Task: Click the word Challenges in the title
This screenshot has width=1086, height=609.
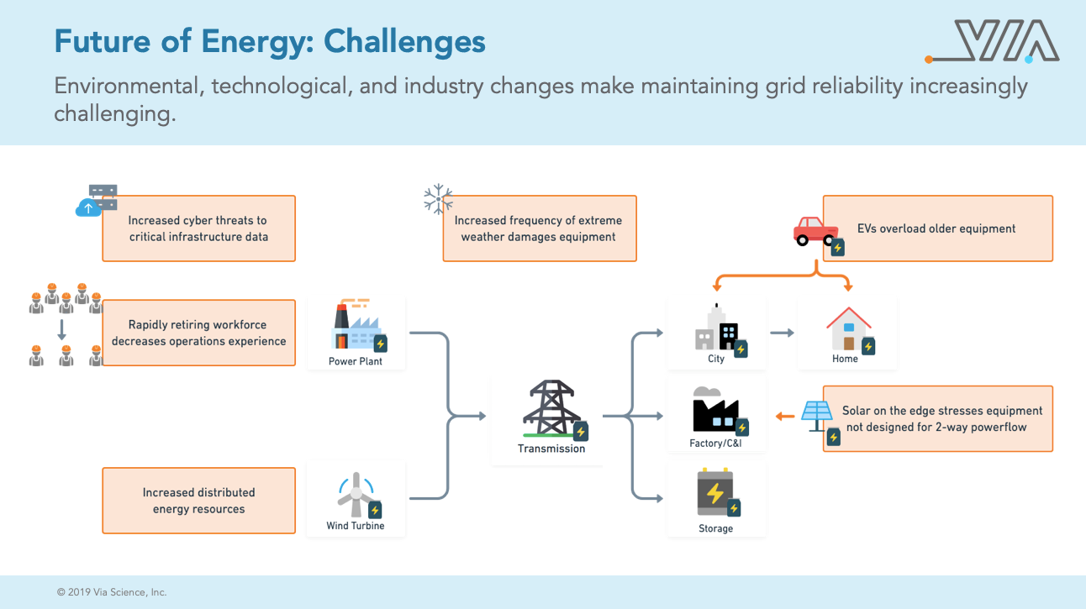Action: point(404,43)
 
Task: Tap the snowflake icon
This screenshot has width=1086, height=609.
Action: point(438,198)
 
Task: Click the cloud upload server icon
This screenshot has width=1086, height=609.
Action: point(97,200)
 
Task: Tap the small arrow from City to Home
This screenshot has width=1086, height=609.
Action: point(782,333)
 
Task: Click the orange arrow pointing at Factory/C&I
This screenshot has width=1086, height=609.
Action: point(785,416)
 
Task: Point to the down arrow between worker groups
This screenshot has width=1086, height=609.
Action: point(61,329)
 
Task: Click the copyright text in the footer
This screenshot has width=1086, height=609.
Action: point(112,592)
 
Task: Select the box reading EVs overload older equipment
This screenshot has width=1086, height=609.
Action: point(938,228)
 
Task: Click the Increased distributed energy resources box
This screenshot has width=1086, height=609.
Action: point(198,501)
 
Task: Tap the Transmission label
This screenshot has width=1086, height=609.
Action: point(551,449)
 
